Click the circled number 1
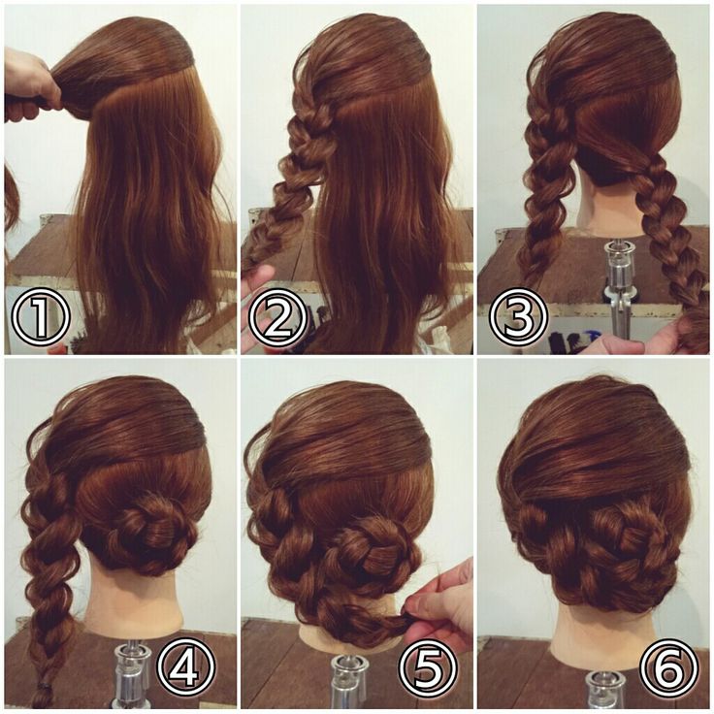pyautogui.click(x=40, y=317)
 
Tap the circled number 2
pyautogui.click(x=278, y=317)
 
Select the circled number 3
pyautogui.click(x=518, y=317)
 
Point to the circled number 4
pyautogui.click(x=186, y=666)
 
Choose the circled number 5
pyautogui.click(x=427, y=666)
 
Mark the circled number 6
pyautogui.click(x=668, y=666)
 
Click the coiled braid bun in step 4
pyautogui.click(x=150, y=528)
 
